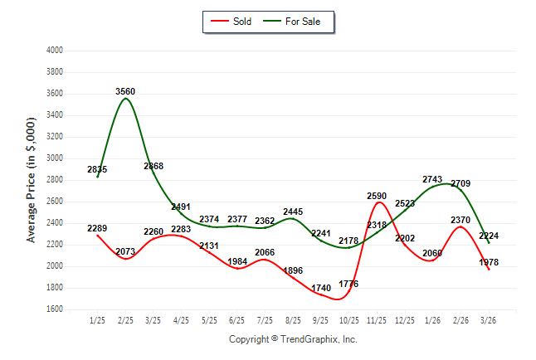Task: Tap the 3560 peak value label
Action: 126,91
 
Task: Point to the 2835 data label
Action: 97,169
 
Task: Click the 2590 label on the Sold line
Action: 378,196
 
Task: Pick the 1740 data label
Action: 321,289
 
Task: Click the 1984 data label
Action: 237,261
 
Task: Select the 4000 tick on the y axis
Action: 55,51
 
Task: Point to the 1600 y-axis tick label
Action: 55,309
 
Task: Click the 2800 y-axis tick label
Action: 55,180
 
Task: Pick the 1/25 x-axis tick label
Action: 97,320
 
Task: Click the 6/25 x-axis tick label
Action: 237,320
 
